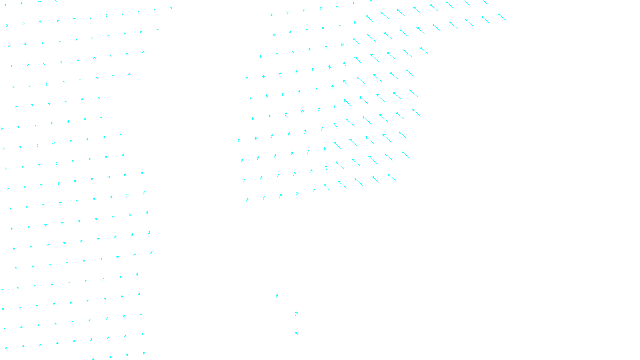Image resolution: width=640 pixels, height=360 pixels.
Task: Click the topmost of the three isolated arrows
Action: (x=277, y=296)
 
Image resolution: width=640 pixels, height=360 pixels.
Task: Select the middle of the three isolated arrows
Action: (x=296, y=314)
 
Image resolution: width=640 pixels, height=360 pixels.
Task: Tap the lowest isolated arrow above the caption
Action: (x=296, y=333)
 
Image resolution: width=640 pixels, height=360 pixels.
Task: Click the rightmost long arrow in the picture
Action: (x=502, y=17)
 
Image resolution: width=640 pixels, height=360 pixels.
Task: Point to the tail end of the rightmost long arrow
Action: (x=506, y=20)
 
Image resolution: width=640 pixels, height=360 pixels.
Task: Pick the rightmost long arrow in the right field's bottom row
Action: (x=392, y=177)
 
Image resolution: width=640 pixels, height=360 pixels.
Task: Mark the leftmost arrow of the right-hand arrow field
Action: (x=239, y=140)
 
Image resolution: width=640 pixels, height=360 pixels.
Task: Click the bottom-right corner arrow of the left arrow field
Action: (x=144, y=353)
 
